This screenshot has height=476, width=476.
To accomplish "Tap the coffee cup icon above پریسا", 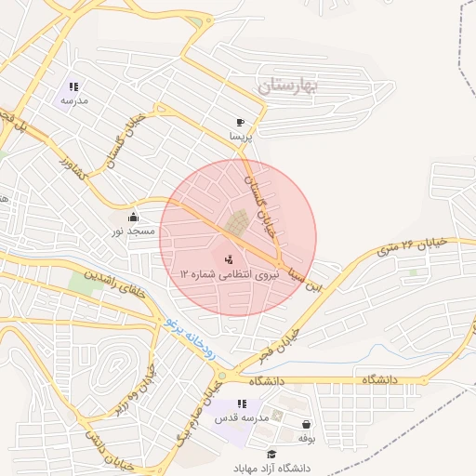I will [x=241, y=122].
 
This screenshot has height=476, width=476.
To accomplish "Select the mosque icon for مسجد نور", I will [x=132, y=217].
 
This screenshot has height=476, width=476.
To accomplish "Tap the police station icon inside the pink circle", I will [x=230, y=259].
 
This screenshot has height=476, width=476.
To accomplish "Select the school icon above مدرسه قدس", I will [x=242, y=403].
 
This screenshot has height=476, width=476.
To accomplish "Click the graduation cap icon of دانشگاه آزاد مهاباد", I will [x=271, y=454].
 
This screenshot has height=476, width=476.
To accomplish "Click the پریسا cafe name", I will [x=241, y=136].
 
